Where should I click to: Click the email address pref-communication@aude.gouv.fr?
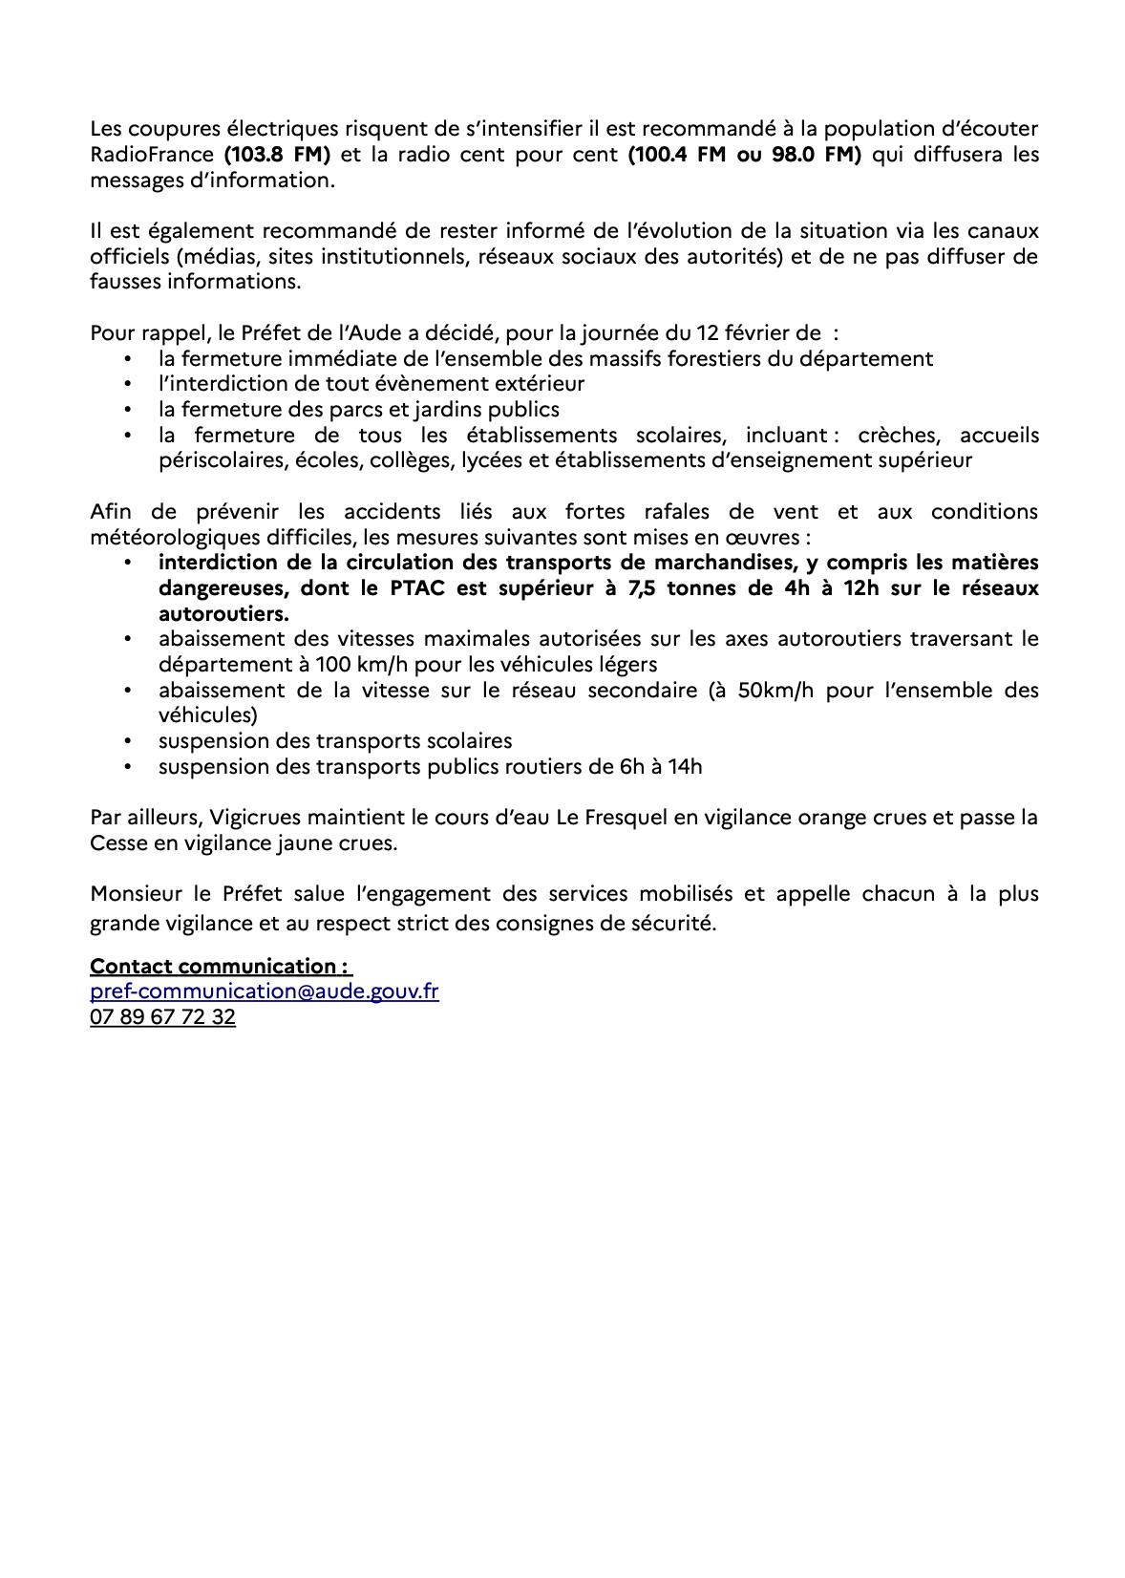pyautogui.click(x=265, y=992)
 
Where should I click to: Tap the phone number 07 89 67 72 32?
pyautogui.click(x=162, y=1017)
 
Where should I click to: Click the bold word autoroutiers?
pyautogui.click(x=223, y=613)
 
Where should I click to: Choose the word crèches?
pyautogui.click(x=898, y=436)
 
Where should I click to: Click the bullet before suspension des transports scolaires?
pyautogui.click(x=127, y=741)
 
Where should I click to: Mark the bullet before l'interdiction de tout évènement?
pyautogui.click(x=127, y=384)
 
